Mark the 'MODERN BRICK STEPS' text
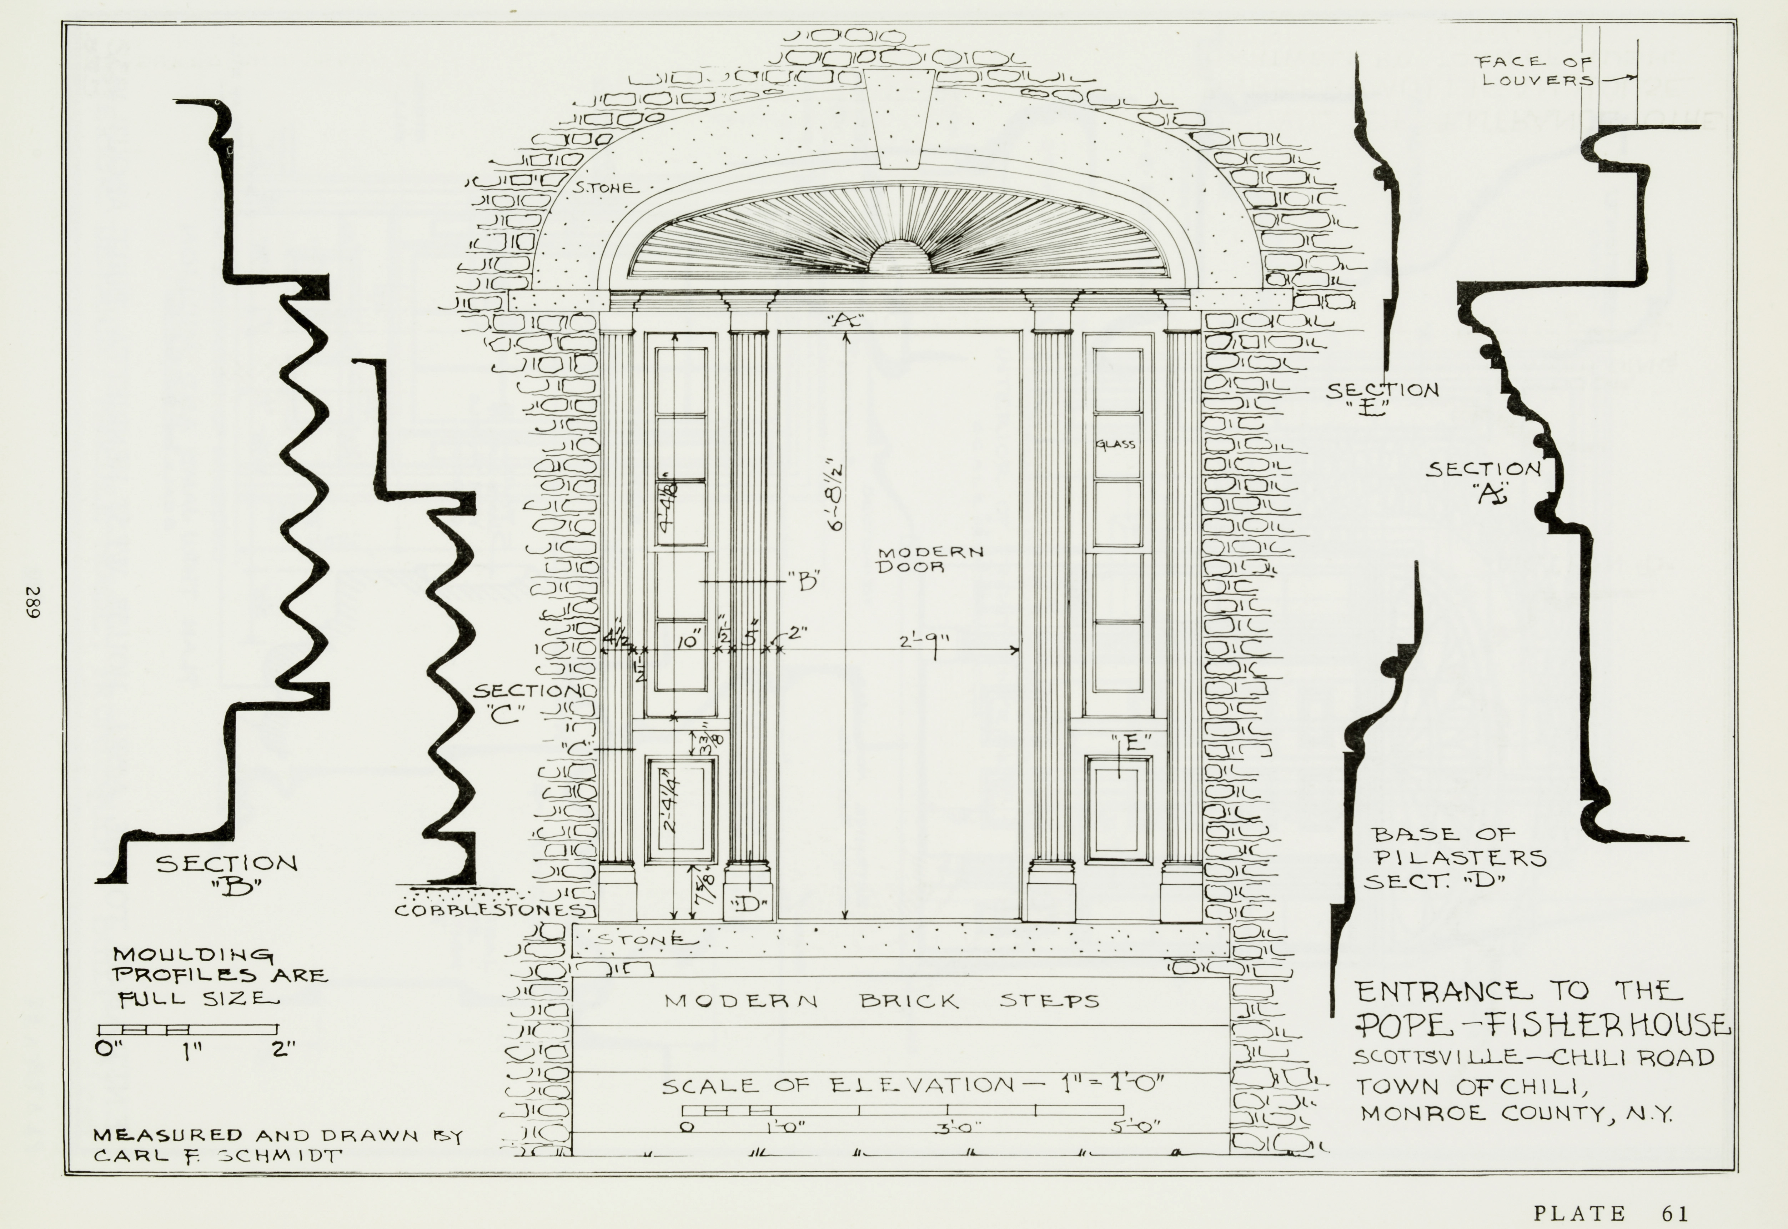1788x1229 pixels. coord(882,1001)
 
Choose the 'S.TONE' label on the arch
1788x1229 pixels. coord(605,187)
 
